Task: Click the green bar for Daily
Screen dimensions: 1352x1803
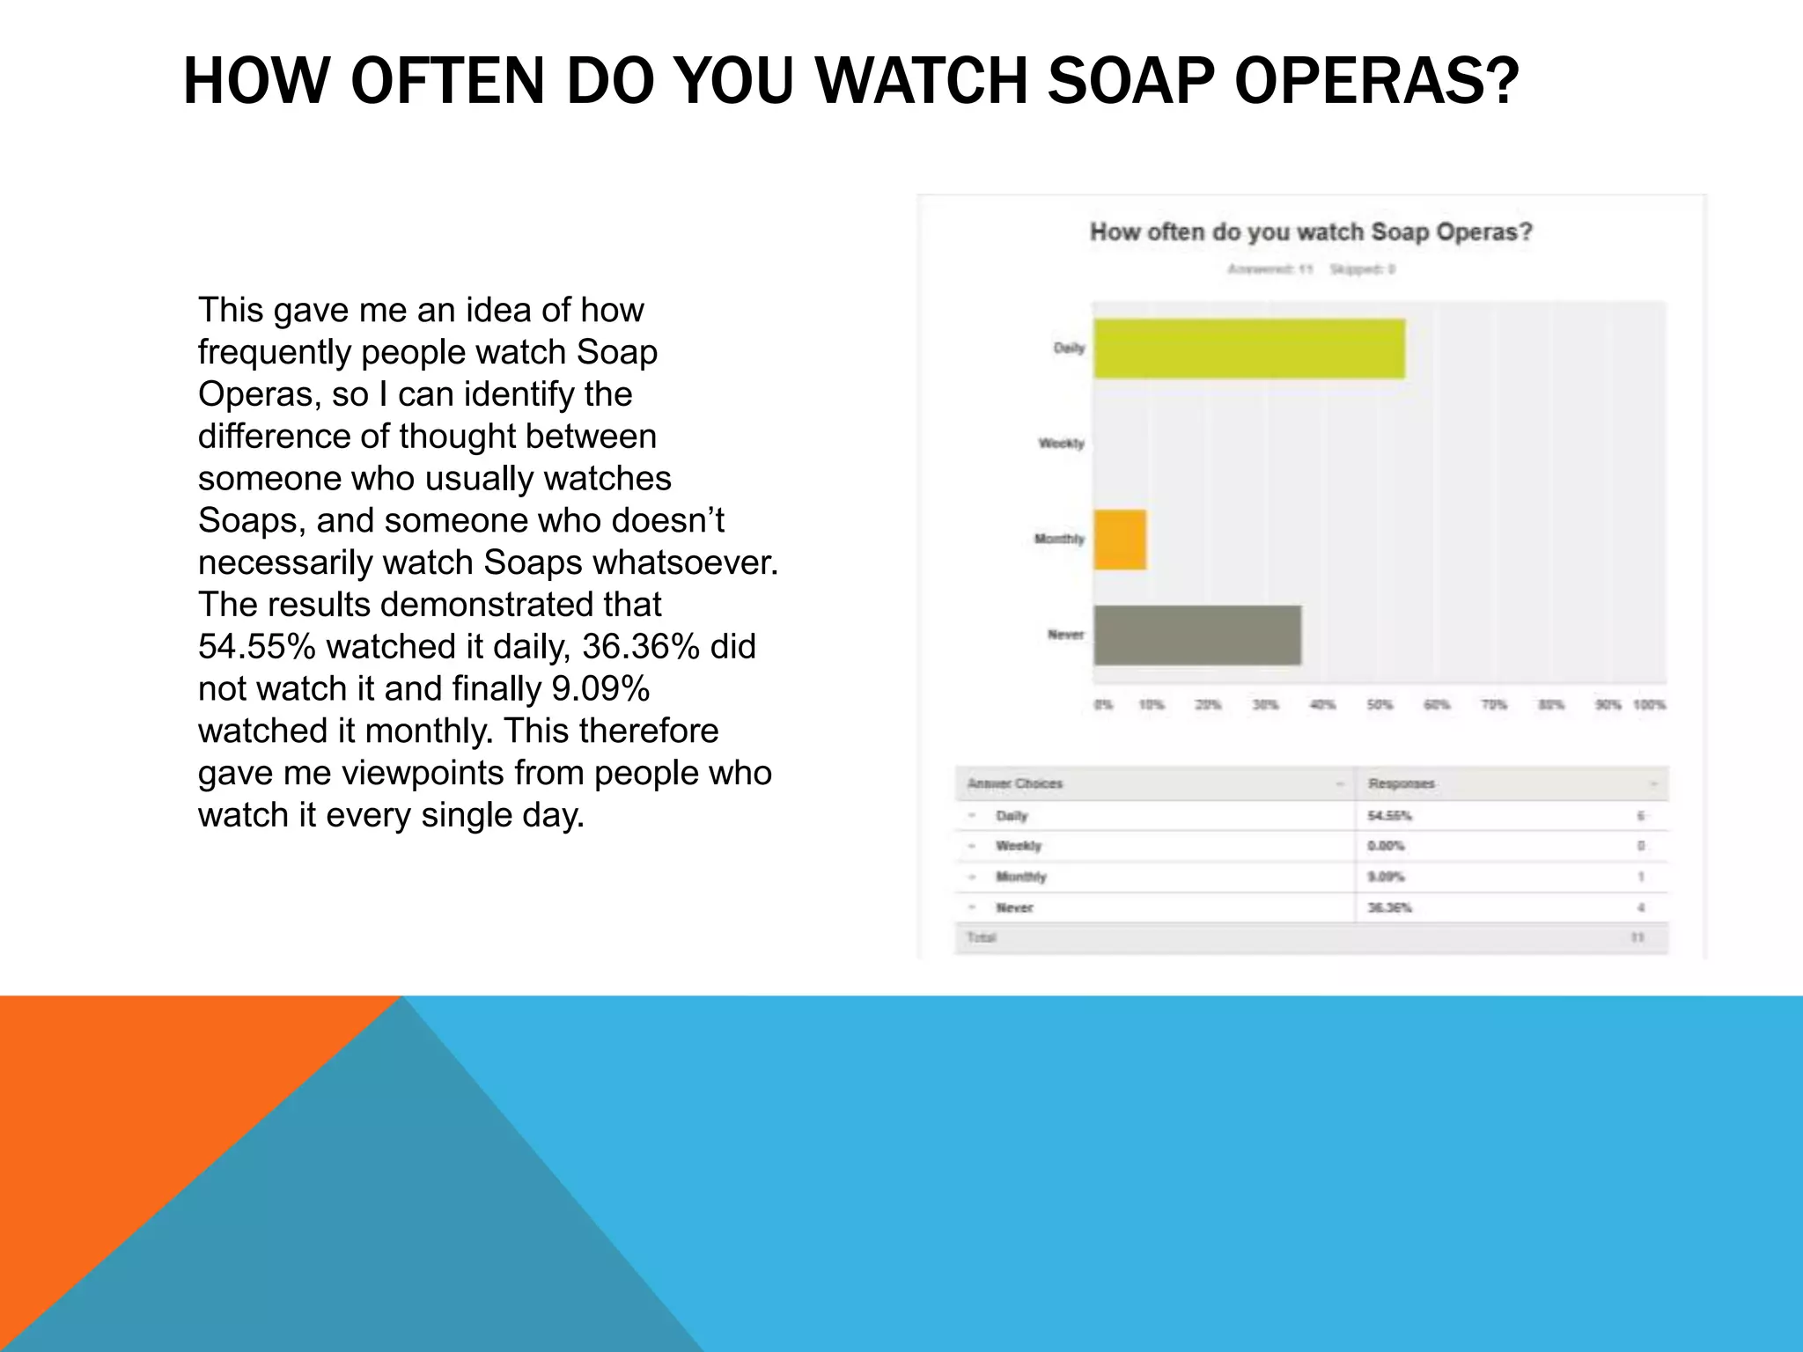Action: point(1248,349)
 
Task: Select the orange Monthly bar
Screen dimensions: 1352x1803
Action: point(1120,540)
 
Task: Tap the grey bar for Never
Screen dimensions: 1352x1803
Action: point(1197,635)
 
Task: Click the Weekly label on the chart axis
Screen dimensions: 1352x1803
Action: point(1061,443)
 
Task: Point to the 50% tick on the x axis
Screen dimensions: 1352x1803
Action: point(1379,705)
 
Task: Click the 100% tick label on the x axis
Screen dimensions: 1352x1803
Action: point(1649,705)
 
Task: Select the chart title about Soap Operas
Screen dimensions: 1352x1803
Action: point(1311,232)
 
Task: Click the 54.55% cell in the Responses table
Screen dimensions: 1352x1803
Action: point(1389,816)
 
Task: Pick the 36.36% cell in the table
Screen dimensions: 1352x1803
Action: point(1389,907)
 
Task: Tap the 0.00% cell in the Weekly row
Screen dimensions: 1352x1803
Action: point(1386,846)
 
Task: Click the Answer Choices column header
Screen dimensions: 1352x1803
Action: point(1015,783)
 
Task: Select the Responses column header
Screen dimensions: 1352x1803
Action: point(1401,783)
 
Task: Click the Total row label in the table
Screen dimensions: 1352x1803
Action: point(981,937)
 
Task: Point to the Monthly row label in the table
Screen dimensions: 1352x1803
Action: point(1020,877)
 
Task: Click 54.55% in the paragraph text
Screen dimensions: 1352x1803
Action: point(256,647)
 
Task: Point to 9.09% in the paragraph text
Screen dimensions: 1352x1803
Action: point(600,689)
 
